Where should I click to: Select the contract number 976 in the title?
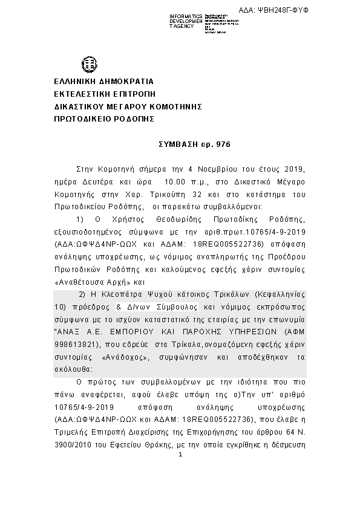coord(224,146)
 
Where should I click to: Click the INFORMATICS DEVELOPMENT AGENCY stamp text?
coord(186,21)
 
